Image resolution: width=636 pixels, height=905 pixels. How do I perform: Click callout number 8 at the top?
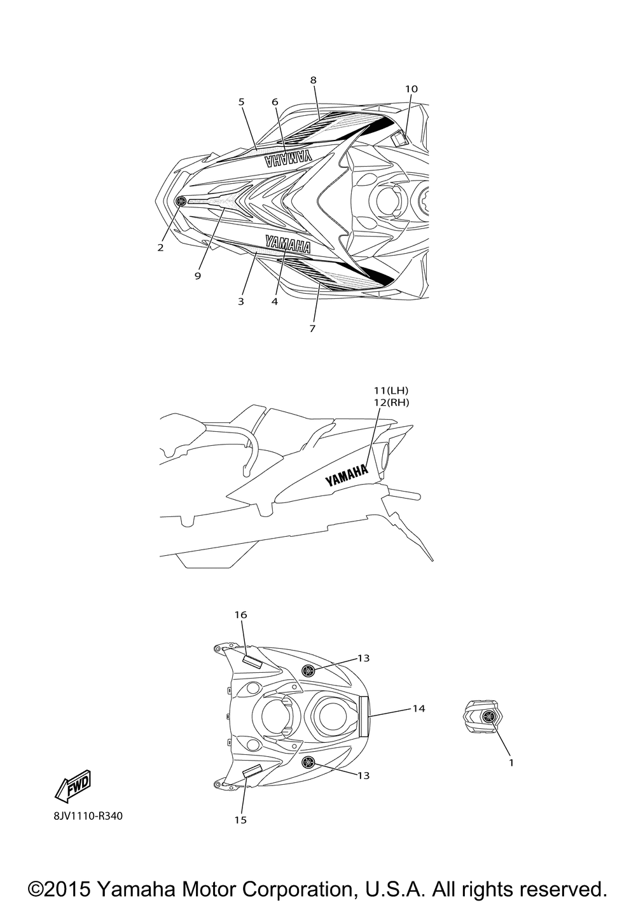click(313, 80)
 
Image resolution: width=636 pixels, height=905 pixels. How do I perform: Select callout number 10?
click(411, 89)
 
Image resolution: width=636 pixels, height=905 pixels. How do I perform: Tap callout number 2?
click(160, 247)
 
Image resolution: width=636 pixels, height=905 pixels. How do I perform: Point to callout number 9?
click(198, 276)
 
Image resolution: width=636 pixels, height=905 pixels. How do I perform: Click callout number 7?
click(312, 329)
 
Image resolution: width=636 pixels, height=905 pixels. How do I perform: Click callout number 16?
click(240, 615)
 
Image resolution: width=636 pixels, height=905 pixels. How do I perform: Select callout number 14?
click(418, 708)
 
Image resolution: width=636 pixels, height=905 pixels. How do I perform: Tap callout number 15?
click(240, 820)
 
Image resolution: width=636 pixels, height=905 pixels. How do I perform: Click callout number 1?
click(511, 761)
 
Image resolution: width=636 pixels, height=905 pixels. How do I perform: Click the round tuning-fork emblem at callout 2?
click(181, 201)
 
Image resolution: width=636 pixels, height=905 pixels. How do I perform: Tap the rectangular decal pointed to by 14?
click(364, 716)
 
